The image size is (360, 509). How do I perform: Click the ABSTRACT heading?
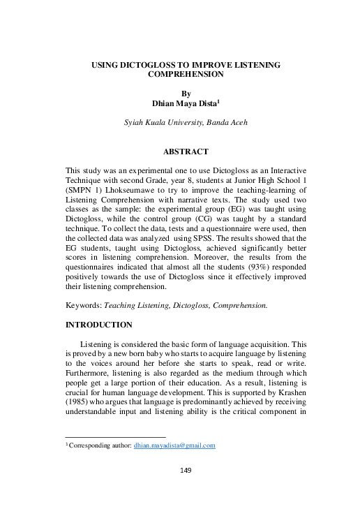coord(185,151)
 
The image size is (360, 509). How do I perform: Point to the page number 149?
coord(186,471)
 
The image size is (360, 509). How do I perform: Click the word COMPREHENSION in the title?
coord(185,73)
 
